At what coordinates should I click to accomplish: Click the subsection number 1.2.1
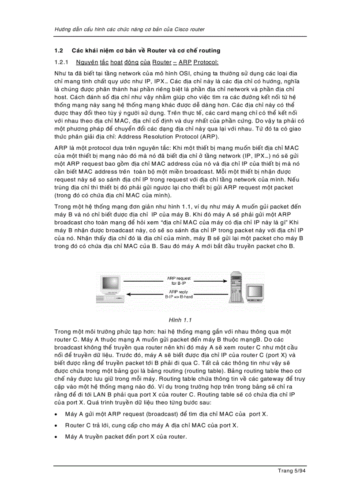pos(61,62)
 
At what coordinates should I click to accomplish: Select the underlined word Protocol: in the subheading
pos(206,62)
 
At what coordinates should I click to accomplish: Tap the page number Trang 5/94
pos(292,471)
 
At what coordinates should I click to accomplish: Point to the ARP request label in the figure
pos(179,279)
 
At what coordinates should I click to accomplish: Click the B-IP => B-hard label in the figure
pos(179,297)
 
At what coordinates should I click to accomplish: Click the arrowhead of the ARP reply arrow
pos(128,294)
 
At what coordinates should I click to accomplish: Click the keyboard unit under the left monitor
pos(108,299)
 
